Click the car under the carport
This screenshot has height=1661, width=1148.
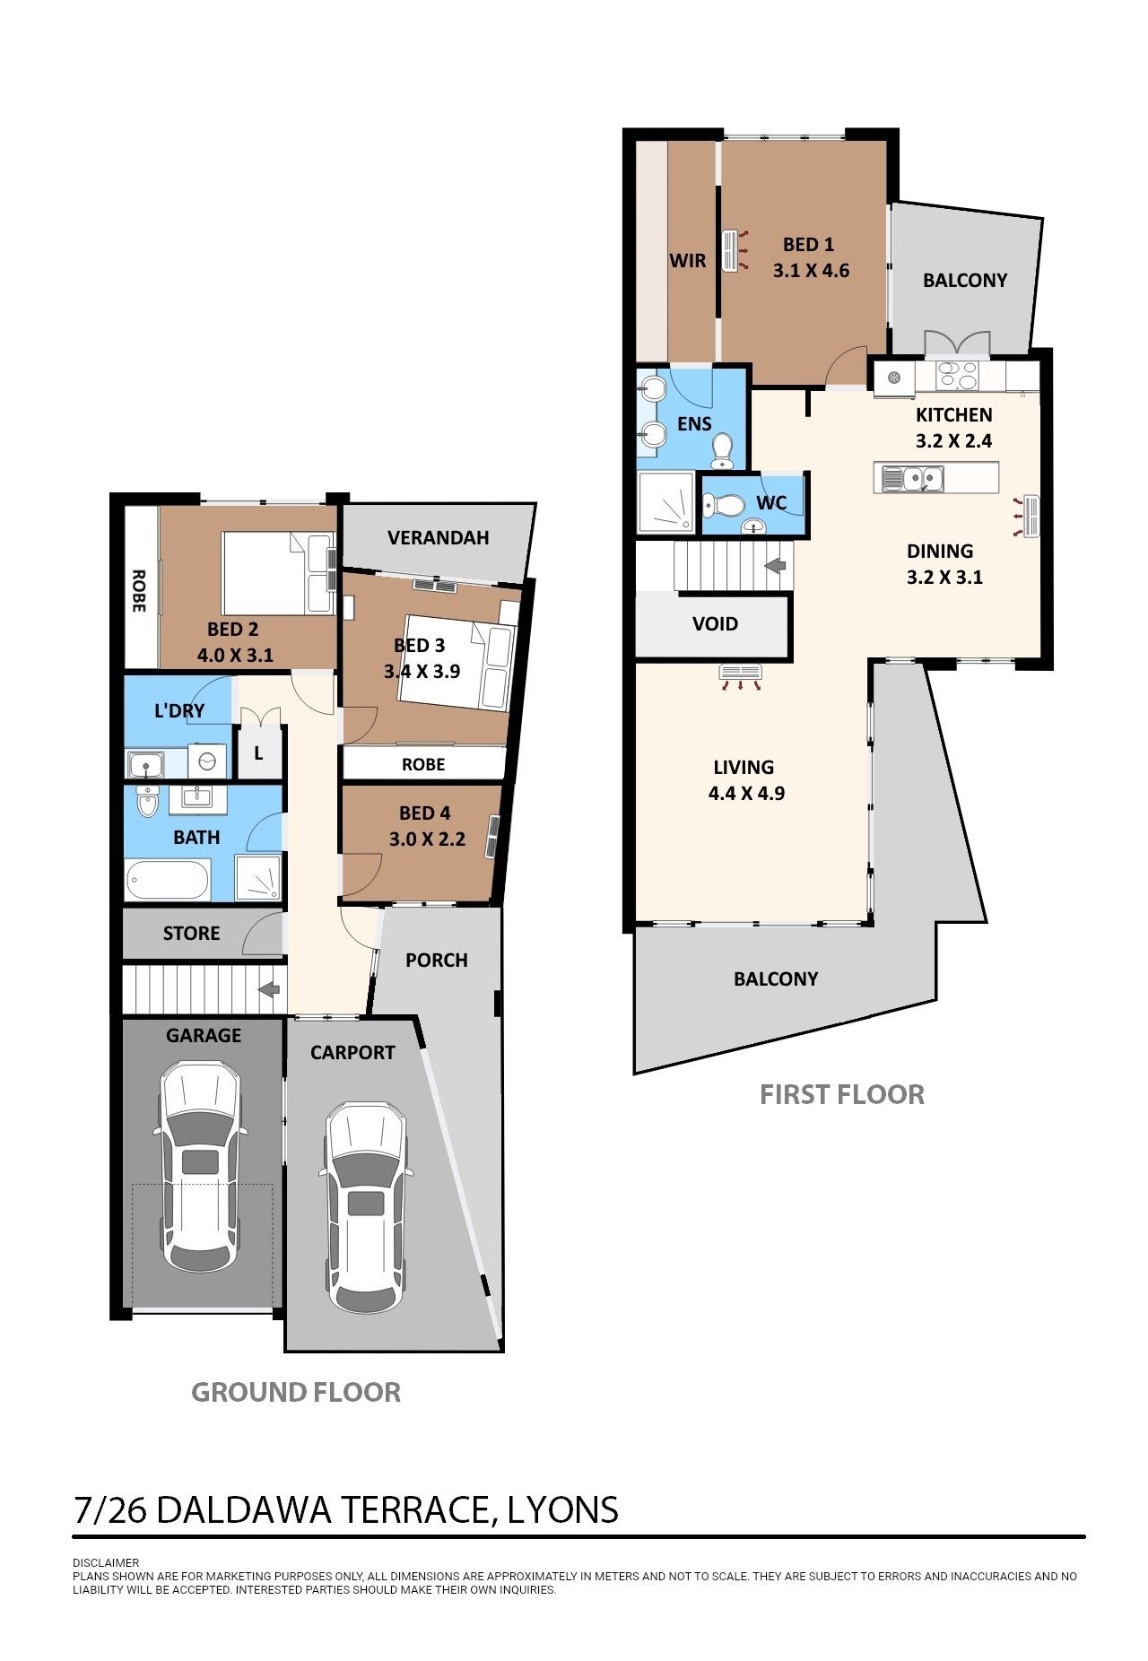tap(366, 1207)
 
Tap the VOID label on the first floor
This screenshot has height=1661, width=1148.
tap(715, 623)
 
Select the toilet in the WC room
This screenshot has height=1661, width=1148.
tap(723, 507)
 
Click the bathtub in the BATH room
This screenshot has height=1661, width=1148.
tap(169, 879)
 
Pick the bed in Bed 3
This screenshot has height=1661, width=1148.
tap(458, 662)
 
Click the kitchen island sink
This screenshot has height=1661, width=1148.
tap(912, 478)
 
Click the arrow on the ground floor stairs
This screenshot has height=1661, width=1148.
tap(269, 989)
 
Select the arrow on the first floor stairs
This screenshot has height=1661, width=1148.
tap(776, 565)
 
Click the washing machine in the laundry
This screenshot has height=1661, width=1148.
tap(208, 762)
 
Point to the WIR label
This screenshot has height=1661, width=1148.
tap(688, 260)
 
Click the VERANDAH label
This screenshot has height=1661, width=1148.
tap(439, 537)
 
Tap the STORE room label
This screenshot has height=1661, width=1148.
tap(191, 933)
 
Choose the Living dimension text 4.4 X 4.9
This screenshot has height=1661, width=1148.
tap(746, 793)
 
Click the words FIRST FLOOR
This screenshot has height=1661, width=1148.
tap(842, 1094)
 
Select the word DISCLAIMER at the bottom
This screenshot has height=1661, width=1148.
tap(106, 1562)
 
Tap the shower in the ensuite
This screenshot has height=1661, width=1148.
tap(665, 502)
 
